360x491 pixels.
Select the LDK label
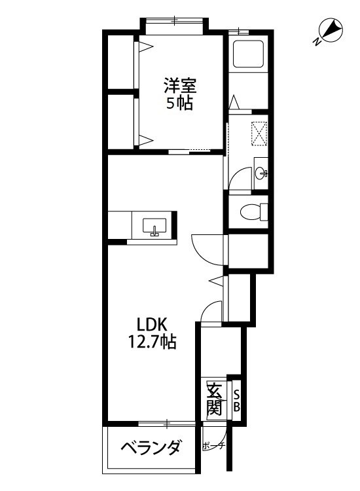(153, 324)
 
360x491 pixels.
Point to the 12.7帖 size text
(153, 341)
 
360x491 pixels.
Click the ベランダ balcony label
(151, 449)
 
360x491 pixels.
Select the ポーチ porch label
(213, 446)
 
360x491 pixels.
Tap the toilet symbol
(251, 211)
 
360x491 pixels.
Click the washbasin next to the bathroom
(261, 173)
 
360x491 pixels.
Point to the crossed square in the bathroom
(260, 132)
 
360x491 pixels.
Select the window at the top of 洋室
(175, 21)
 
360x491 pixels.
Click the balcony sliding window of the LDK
(168, 423)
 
